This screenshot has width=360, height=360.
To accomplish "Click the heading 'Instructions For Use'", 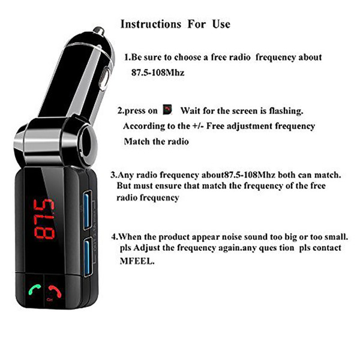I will [175, 25].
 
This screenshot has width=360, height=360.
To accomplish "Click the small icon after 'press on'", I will [167, 110].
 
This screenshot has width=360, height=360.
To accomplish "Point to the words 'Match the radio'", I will [156, 142].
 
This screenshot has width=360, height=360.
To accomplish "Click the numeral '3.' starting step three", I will [114, 175].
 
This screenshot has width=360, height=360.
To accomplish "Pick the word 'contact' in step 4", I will [326, 248].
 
